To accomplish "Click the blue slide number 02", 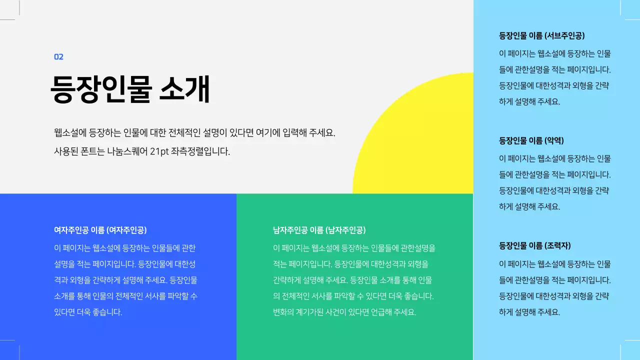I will pyautogui.click(x=58, y=57).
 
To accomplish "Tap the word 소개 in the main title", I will pyautogui.click(x=184, y=90).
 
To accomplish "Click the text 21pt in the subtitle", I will pyautogui.click(x=159, y=151).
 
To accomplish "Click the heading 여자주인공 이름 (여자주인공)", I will pyautogui.click(x=100, y=230).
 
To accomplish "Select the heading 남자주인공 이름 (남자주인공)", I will pyautogui.click(x=319, y=230).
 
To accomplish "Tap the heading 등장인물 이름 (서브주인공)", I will pyautogui.click(x=541, y=35).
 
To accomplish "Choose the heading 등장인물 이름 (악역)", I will pyautogui.click(x=531, y=140).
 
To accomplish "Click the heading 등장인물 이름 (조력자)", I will pyautogui.click(x=534, y=245).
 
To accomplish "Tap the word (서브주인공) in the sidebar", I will pyautogui.click(x=564, y=35).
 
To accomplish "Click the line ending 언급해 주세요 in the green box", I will pyautogui.click(x=344, y=312).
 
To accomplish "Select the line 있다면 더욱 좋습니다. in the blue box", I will pyautogui.click(x=88, y=312).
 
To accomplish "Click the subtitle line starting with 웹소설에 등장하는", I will pyautogui.click(x=194, y=133).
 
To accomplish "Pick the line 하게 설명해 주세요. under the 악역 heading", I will pyautogui.click(x=529, y=206).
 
